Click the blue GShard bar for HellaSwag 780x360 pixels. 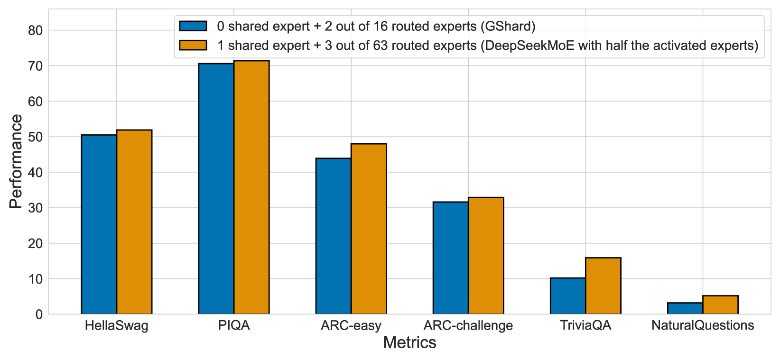[x=99, y=224]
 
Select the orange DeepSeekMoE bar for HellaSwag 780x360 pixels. [x=134, y=222]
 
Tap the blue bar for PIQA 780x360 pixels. [x=216, y=189]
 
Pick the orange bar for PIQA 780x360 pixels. [x=251, y=187]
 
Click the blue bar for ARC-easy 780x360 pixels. [x=333, y=236]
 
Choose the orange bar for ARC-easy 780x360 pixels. [x=369, y=229]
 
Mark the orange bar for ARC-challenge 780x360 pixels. [x=486, y=256]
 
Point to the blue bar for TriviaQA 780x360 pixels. [x=567, y=296]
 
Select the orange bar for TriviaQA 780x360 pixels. [x=603, y=286]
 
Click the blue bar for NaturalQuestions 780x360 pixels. [x=685, y=308]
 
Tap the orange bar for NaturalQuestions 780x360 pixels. [x=720, y=305]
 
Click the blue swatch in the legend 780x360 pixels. [x=193, y=26]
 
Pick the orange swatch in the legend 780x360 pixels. [x=193, y=46]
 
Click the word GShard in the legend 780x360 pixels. [x=508, y=26]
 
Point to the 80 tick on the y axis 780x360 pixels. [x=36, y=30]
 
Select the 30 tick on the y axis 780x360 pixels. [x=36, y=208]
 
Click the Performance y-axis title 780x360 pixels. [x=16, y=162]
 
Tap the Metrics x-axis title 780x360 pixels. [x=409, y=342]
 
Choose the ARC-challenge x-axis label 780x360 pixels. [x=468, y=326]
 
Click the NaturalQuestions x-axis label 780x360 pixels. [x=702, y=326]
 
